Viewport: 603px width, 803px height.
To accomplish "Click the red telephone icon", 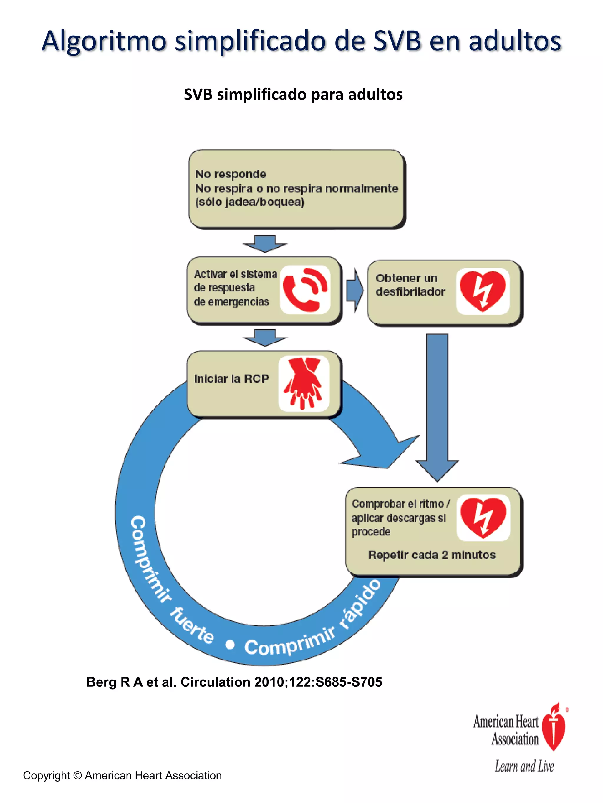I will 304,290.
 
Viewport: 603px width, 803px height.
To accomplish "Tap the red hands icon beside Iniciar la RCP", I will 303,383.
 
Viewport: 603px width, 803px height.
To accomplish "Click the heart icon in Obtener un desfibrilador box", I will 483,291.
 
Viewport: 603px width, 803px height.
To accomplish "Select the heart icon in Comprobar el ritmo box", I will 483,518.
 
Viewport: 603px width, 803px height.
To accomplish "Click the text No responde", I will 231,174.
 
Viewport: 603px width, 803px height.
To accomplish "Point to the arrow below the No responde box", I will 265,243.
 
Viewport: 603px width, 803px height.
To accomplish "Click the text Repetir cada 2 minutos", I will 432,555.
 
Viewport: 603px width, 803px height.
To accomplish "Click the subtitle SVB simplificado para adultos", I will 293,94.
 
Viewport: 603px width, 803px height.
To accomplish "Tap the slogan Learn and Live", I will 524,766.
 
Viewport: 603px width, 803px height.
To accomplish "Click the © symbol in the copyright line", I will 77,775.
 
